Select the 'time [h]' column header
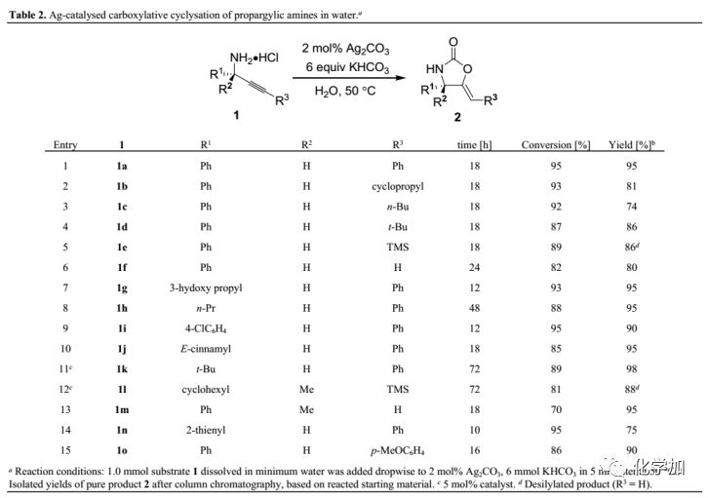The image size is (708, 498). (x=473, y=145)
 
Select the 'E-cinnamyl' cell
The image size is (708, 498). (x=205, y=348)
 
